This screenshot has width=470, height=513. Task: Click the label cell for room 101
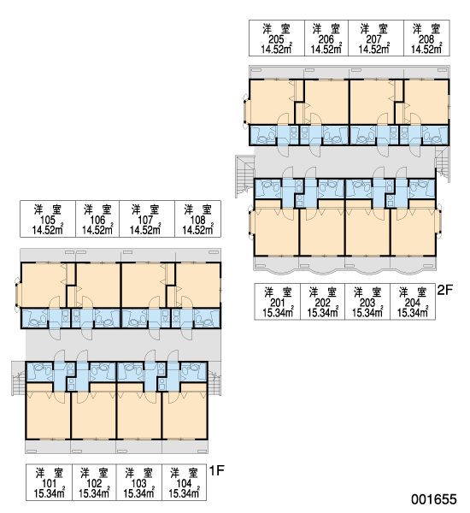click(49, 482)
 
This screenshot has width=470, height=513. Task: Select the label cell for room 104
click(184, 482)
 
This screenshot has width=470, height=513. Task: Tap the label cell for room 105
click(48, 219)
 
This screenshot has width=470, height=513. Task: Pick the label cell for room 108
click(197, 219)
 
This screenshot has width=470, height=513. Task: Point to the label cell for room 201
click(278, 301)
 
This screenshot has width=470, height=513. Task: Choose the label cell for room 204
click(413, 301)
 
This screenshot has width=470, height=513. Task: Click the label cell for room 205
click(277, 38)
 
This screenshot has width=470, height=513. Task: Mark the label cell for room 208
click(426, 38)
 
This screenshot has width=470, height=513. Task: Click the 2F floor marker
click(445, 290)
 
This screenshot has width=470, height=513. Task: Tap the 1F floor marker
click(216, 470)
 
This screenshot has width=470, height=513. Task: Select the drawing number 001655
click(434, 499)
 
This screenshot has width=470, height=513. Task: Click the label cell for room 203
click(367, 301)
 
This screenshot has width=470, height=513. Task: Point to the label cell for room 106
click(97, 219)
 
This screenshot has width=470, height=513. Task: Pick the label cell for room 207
click(376, 38)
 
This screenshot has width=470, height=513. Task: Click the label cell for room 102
click(94, 482)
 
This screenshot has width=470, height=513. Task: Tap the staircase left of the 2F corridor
click(244, 176)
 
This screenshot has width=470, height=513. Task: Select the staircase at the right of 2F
click(442, 164)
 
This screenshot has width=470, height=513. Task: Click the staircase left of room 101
click(18, 378)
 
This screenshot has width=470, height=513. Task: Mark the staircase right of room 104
click(214, 378)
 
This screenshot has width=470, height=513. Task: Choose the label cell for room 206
click(326, 38)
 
